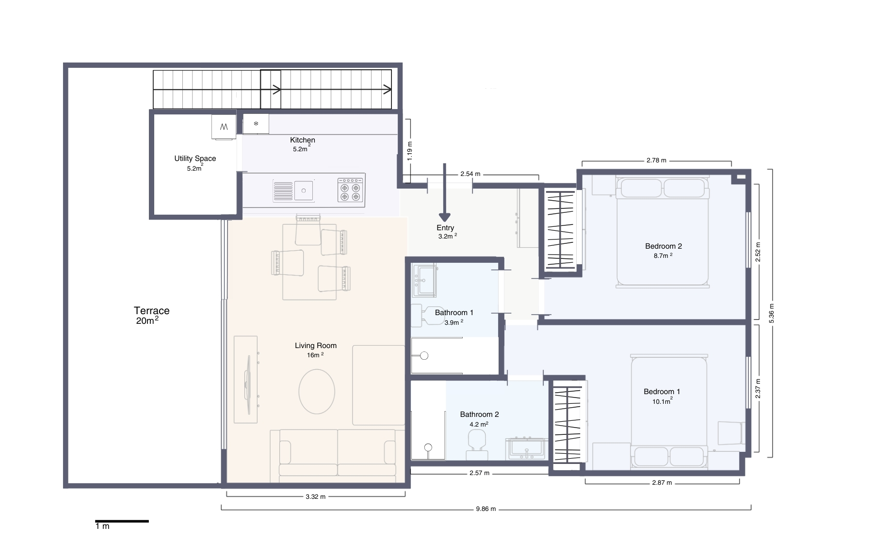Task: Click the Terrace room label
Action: [x=151, y=311]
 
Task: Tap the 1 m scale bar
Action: [x=122, y=521]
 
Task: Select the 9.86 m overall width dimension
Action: [x=485, y=509]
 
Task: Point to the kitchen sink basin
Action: [x=304, y=191]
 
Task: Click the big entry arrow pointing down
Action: [x=444, y=194]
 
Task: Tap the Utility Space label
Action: [x=195, y=159]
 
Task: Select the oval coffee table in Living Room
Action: [x=317, y=392]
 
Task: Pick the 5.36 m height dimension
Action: [x=771, y=313]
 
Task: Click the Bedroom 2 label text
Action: [x=663, y=246]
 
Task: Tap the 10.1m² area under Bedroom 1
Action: [x=662, y=401]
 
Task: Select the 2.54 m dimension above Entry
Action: [x=470, y=174]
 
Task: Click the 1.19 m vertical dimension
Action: [x=410, y=151]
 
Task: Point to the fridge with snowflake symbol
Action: [x=256, y=124]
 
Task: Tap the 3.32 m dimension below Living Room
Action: [x=315, y=496]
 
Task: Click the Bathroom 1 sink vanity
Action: [x=424, y=281]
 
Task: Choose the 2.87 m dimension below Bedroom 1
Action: [x=662, y=482]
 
